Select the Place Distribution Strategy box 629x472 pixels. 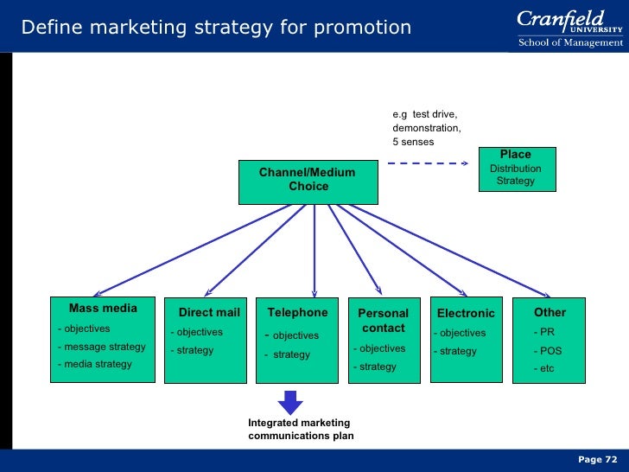coord(516,169)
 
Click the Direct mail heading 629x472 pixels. coord(208,313)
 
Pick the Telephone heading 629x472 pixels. coord(297,312)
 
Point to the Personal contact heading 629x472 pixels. coord(383,321)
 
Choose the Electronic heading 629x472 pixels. coord(466,313)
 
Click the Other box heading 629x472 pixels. coord(550,312)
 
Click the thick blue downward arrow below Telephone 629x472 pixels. coord(290,401)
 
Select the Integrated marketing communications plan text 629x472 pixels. coord(300,430)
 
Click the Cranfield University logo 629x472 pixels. coord(570,28)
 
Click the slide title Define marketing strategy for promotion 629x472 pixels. coord(216,28)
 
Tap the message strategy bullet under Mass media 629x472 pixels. coord(101,347)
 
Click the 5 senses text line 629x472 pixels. coord(413,142)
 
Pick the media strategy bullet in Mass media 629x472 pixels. coord(94,364)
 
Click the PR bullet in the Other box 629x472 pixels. coord(545,332)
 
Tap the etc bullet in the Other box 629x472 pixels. coord(547,369)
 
